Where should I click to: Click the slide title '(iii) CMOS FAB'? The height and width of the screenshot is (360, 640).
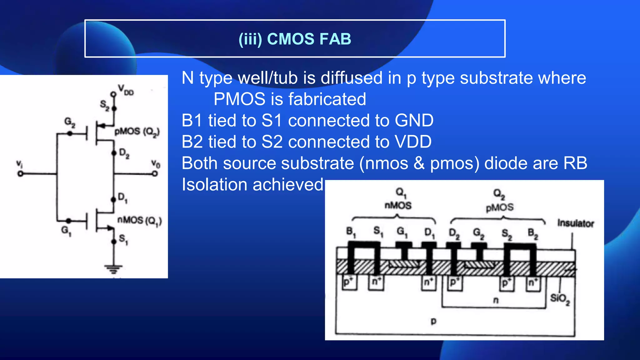click(x=295, y=39)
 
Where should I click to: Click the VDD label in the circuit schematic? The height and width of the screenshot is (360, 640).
click(x=126, y=90)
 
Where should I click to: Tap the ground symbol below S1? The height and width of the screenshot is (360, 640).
click(x=113, y=269)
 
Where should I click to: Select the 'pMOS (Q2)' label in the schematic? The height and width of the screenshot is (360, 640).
click(x=137, y=132)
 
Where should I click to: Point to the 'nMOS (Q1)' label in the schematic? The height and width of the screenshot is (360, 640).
click(x=139, y=221)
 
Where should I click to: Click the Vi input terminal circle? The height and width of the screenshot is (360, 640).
click(x=20, y=174)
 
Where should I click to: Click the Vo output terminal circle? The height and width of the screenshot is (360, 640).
click(x=155, y=174)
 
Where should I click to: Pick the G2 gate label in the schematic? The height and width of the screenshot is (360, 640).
click(x=70, y=122)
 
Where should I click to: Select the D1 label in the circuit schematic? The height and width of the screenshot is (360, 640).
click(x=122, y=197)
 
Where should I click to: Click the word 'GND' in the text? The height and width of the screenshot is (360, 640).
click(x=414, y=121)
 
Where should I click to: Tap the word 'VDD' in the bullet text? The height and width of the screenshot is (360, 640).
click(x=413, y=142)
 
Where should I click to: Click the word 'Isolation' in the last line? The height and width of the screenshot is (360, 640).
click(x=214, y=184)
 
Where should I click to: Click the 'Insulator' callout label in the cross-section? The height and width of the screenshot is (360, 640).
click(x=576, y=223)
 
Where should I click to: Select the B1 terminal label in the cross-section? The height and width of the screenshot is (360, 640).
click(x=351, y=232)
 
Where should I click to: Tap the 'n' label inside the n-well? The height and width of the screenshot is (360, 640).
click(x=496, y=300)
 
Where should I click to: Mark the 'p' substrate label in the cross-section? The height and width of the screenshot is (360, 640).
click(x=433, y=321)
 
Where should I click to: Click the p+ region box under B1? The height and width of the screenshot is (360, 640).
click(x=349, y=282)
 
